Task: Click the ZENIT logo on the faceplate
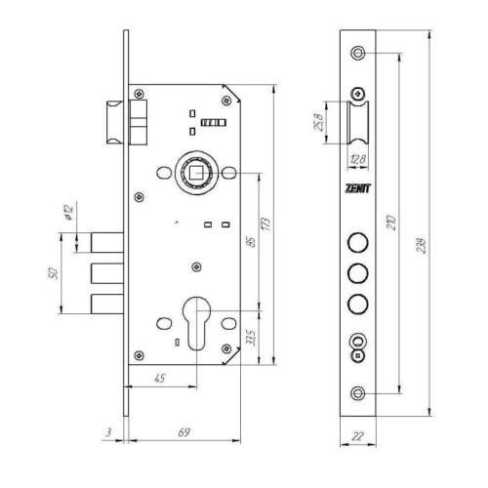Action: pos(357,188)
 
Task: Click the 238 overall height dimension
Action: pos(421,246)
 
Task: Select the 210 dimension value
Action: pos(391,223)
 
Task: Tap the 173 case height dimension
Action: pos(265,224)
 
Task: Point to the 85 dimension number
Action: pos(252,242)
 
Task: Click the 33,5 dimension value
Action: pos(251,338)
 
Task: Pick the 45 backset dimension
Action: pos(159,378)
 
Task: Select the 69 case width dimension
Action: pos(183,432)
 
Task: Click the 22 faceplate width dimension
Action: pos(357,436)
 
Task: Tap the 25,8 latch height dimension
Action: pos(318,122)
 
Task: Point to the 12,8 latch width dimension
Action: pos(358,159)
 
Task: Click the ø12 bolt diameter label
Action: pos(69,213)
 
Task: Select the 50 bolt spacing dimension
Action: pos(53,273)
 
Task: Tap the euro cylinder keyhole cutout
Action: pos(196,323)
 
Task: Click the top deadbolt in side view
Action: pos(107,243)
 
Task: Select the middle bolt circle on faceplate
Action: pos(358,273)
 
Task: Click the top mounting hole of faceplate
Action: pos(358,53)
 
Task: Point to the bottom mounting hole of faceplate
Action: pos(358,393)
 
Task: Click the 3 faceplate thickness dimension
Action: pos(108,432)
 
